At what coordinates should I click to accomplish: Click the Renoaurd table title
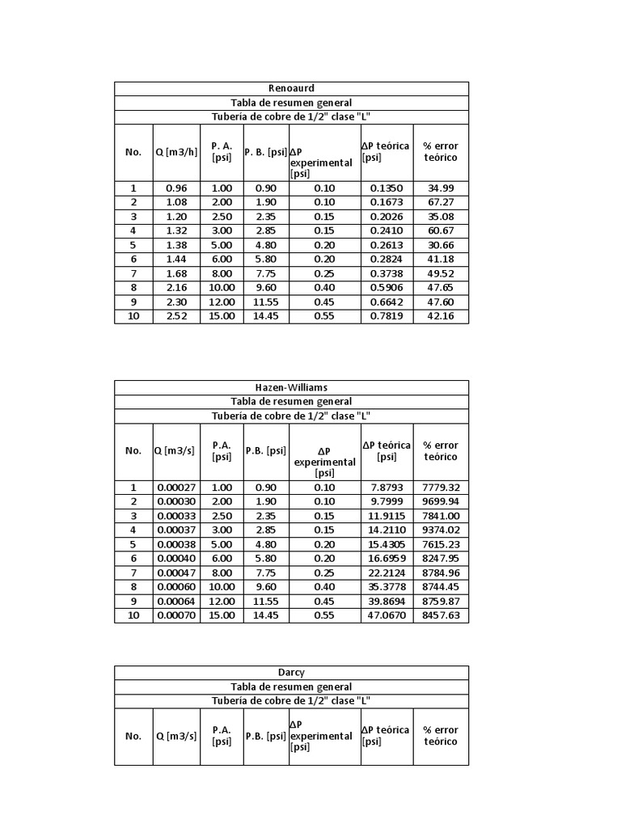click(x=291, y=88)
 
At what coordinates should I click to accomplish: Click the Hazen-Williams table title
click(x=291, y=387)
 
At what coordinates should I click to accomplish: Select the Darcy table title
click(x=291, y=672)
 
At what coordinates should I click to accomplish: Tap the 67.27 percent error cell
click(x=441, y=201)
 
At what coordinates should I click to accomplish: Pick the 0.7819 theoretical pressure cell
click(x=387, y=316)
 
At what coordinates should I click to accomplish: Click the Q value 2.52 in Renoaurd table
click(x=175, y=316)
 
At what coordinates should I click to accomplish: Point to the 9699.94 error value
click(x=441, y=501)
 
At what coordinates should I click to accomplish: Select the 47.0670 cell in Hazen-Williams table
click(x=387, y=615)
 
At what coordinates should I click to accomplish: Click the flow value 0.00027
click(x=175, y=488)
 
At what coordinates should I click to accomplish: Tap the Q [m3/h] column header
click(x=175, y=152)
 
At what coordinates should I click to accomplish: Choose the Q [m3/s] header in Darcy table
click(x=175, y=736)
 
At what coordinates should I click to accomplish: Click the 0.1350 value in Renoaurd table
click(x=387, y=188)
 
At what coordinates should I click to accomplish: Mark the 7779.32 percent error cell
click(x=441, y=488)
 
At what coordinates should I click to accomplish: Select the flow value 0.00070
click(x=175, y=615)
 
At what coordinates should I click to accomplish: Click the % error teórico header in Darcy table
click(x=441, y=736)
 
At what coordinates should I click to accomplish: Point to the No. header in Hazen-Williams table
click(x=133, y=450)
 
